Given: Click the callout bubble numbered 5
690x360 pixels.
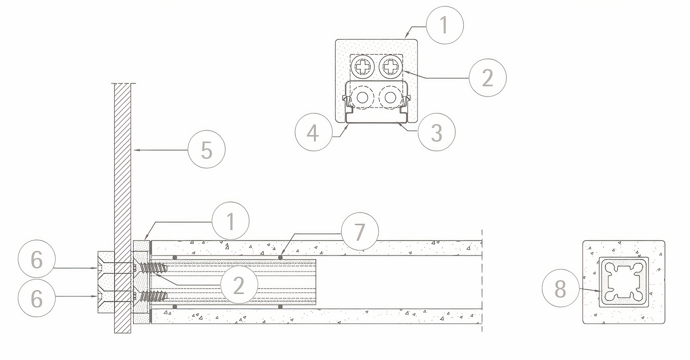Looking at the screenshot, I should (x=207, y=149).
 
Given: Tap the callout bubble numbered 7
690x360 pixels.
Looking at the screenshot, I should (x=360, y=231).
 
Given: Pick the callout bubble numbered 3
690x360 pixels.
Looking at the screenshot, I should (x=436, y=133).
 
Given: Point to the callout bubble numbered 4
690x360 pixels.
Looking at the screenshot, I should (x=314, y=133).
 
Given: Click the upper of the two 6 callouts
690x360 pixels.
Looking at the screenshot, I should (x=37, y=260).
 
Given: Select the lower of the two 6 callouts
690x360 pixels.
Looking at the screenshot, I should (x=37, y=299).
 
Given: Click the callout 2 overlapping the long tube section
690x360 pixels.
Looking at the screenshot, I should (x=239, y=285).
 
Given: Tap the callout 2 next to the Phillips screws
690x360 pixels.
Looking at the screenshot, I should (x=487, y=77).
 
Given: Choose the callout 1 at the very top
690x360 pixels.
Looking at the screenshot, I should (x=445, y=24).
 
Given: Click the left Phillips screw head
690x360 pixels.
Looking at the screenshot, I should (x=362, y=66).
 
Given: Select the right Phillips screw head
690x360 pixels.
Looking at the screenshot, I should (x=390, y=66).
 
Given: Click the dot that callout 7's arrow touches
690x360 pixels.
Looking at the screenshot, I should (x=280, y=257).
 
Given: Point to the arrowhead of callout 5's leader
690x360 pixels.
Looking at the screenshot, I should (x=134, y=149).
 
